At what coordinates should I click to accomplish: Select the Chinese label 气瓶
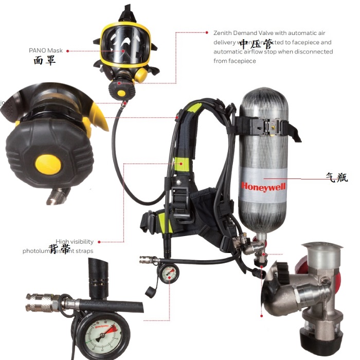337,177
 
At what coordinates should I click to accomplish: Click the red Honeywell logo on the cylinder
263,186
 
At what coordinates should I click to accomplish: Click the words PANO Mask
46,51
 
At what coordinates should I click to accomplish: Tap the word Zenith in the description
224,33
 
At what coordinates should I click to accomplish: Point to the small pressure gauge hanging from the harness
168,275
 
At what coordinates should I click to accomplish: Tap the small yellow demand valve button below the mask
122,93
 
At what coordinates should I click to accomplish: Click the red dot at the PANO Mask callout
68,51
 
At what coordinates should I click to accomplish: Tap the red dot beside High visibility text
99,242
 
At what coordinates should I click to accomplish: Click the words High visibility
75,242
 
